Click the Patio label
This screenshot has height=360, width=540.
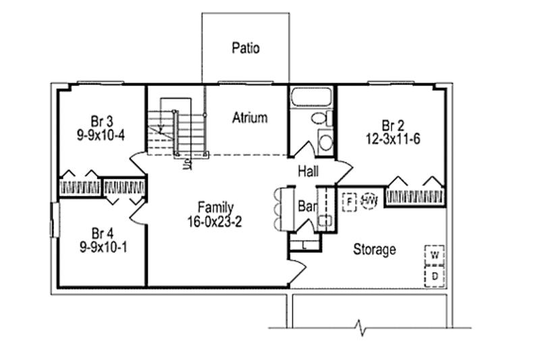246,48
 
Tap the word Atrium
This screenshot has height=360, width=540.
250,118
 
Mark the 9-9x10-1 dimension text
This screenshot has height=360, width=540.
101,247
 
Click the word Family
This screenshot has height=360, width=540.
215,207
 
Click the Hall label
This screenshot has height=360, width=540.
308,173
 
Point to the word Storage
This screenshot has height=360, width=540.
375,250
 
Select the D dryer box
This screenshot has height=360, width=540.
435,276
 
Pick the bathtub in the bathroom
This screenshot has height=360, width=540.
313,99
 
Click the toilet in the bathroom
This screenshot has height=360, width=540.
319,119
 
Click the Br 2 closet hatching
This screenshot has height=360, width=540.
414,197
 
